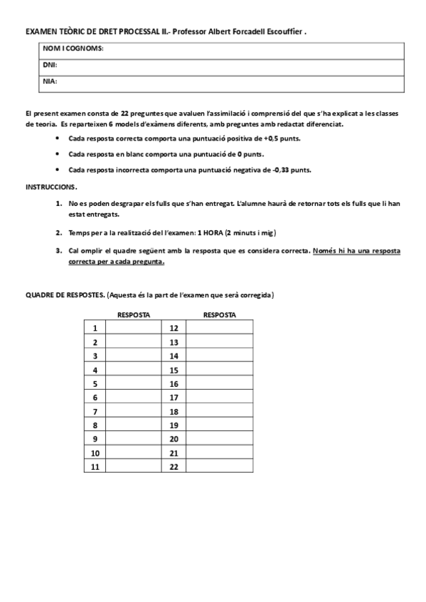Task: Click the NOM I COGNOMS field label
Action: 74,48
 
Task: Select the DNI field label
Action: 50,65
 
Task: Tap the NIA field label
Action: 50,81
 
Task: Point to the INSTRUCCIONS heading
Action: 51,186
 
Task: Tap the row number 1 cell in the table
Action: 95,328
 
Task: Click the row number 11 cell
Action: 95,466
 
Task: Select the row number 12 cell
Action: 174,328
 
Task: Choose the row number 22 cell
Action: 174,466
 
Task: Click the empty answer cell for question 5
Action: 134,383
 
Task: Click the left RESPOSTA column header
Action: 134,314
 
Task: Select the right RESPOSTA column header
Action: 219,314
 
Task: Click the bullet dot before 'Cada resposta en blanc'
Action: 57,154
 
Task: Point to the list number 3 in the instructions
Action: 58,251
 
